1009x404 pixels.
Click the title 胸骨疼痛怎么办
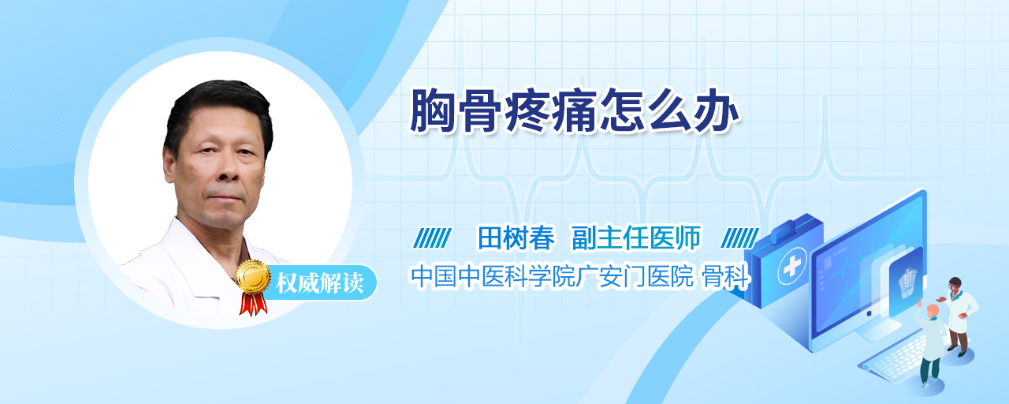(x=575, y=111)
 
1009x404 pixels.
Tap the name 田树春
(x=516, y=238)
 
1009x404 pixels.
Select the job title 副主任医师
(x=636, y=238)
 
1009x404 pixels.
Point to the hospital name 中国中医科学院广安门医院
(x=552, y=276)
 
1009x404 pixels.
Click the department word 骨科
(x=726, y=276)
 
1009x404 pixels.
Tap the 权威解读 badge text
(x=320, y=283)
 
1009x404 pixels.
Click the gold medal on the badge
(x=253, y=276)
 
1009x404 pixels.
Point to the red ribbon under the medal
(x=253, y=304)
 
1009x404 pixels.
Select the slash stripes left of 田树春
(x=433, y=238)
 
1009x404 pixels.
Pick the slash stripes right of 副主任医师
(x=739, y=238)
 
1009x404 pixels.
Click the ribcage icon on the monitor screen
(x=907, y=282)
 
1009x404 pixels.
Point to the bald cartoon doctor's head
(x=933, y=311)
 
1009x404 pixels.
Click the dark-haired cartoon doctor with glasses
(x=959, y=316)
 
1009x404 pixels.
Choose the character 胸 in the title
(x=431, y=111)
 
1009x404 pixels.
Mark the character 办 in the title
(x=717, y=111)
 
